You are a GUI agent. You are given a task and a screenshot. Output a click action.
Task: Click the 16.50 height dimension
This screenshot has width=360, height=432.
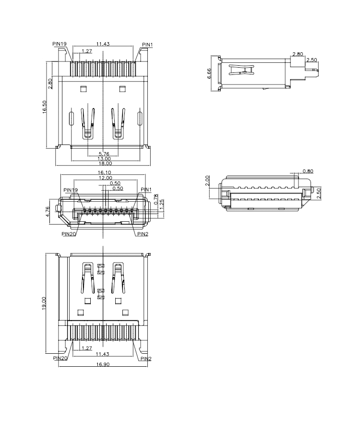click(x=45, y=106)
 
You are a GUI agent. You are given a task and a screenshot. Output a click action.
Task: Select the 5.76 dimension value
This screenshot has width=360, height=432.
click(x=103, y=154)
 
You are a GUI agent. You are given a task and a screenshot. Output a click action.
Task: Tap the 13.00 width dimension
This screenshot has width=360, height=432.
click(x=103, y=159)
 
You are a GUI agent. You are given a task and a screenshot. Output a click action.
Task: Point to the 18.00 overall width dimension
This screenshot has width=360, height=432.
click(x=103, y=164)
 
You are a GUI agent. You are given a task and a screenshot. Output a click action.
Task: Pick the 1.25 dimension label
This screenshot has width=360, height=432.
click(x=162, y=202)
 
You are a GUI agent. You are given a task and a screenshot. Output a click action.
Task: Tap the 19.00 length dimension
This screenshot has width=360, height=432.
click(x=45, y=303)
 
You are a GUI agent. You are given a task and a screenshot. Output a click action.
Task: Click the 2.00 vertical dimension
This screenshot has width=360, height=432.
click(x=207, y=180)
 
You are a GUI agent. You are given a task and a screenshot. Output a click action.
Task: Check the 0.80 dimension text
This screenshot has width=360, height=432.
click(x=308, y=171)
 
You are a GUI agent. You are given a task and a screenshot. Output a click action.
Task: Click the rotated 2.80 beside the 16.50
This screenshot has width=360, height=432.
click(x=50, y=83)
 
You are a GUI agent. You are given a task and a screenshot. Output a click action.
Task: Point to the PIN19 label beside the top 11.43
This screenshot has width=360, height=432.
click(x=59, y=43)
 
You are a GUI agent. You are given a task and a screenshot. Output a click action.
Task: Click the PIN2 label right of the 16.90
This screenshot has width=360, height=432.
click(x=146, y=358)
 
